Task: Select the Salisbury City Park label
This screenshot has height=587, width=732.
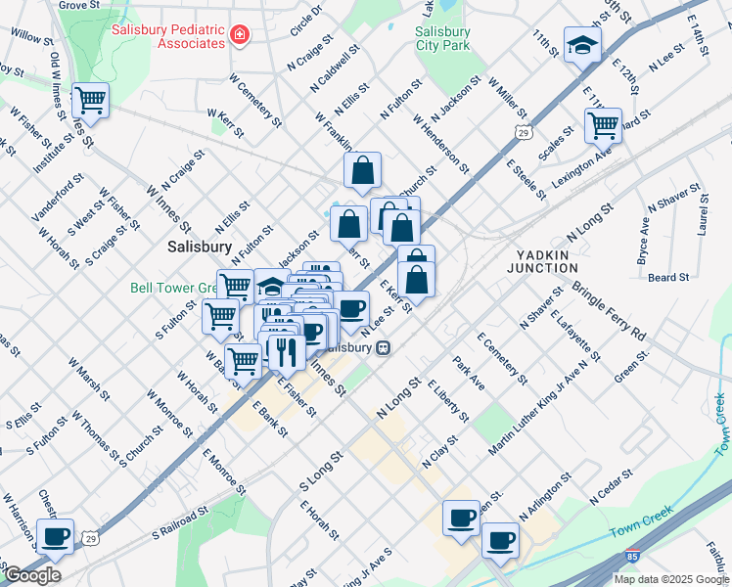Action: point(442,38)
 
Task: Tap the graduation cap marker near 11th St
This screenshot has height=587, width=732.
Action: point(583,45)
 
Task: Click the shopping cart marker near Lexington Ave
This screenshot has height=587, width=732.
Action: point(603,125)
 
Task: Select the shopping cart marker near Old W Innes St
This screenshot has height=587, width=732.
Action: point(90,99)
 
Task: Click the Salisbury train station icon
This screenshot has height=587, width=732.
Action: point(385,347)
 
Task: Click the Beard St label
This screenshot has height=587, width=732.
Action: point(668,278)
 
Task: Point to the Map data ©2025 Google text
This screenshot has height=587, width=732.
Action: point(670,579)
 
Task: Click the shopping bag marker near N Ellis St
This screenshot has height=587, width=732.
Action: point(362,170)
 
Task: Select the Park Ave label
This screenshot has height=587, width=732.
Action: point(469,374)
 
